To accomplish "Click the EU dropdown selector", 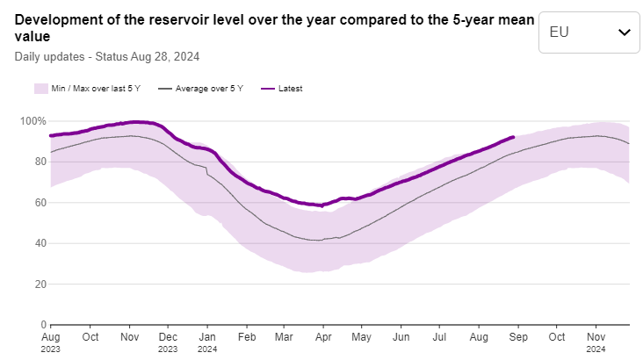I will pyautogui.click(x=589, y=32).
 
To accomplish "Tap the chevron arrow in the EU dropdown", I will pyautogui.click(x=625, y=32).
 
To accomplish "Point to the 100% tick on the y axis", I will pyautogui.click(x=33, y=120).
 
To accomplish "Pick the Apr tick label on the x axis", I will pyautogui.click(x=323, y=336).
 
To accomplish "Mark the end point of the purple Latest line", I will pyautogui.click(x=513, y=137).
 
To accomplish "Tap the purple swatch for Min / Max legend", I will pyautogui.click(x=40, y=89).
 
